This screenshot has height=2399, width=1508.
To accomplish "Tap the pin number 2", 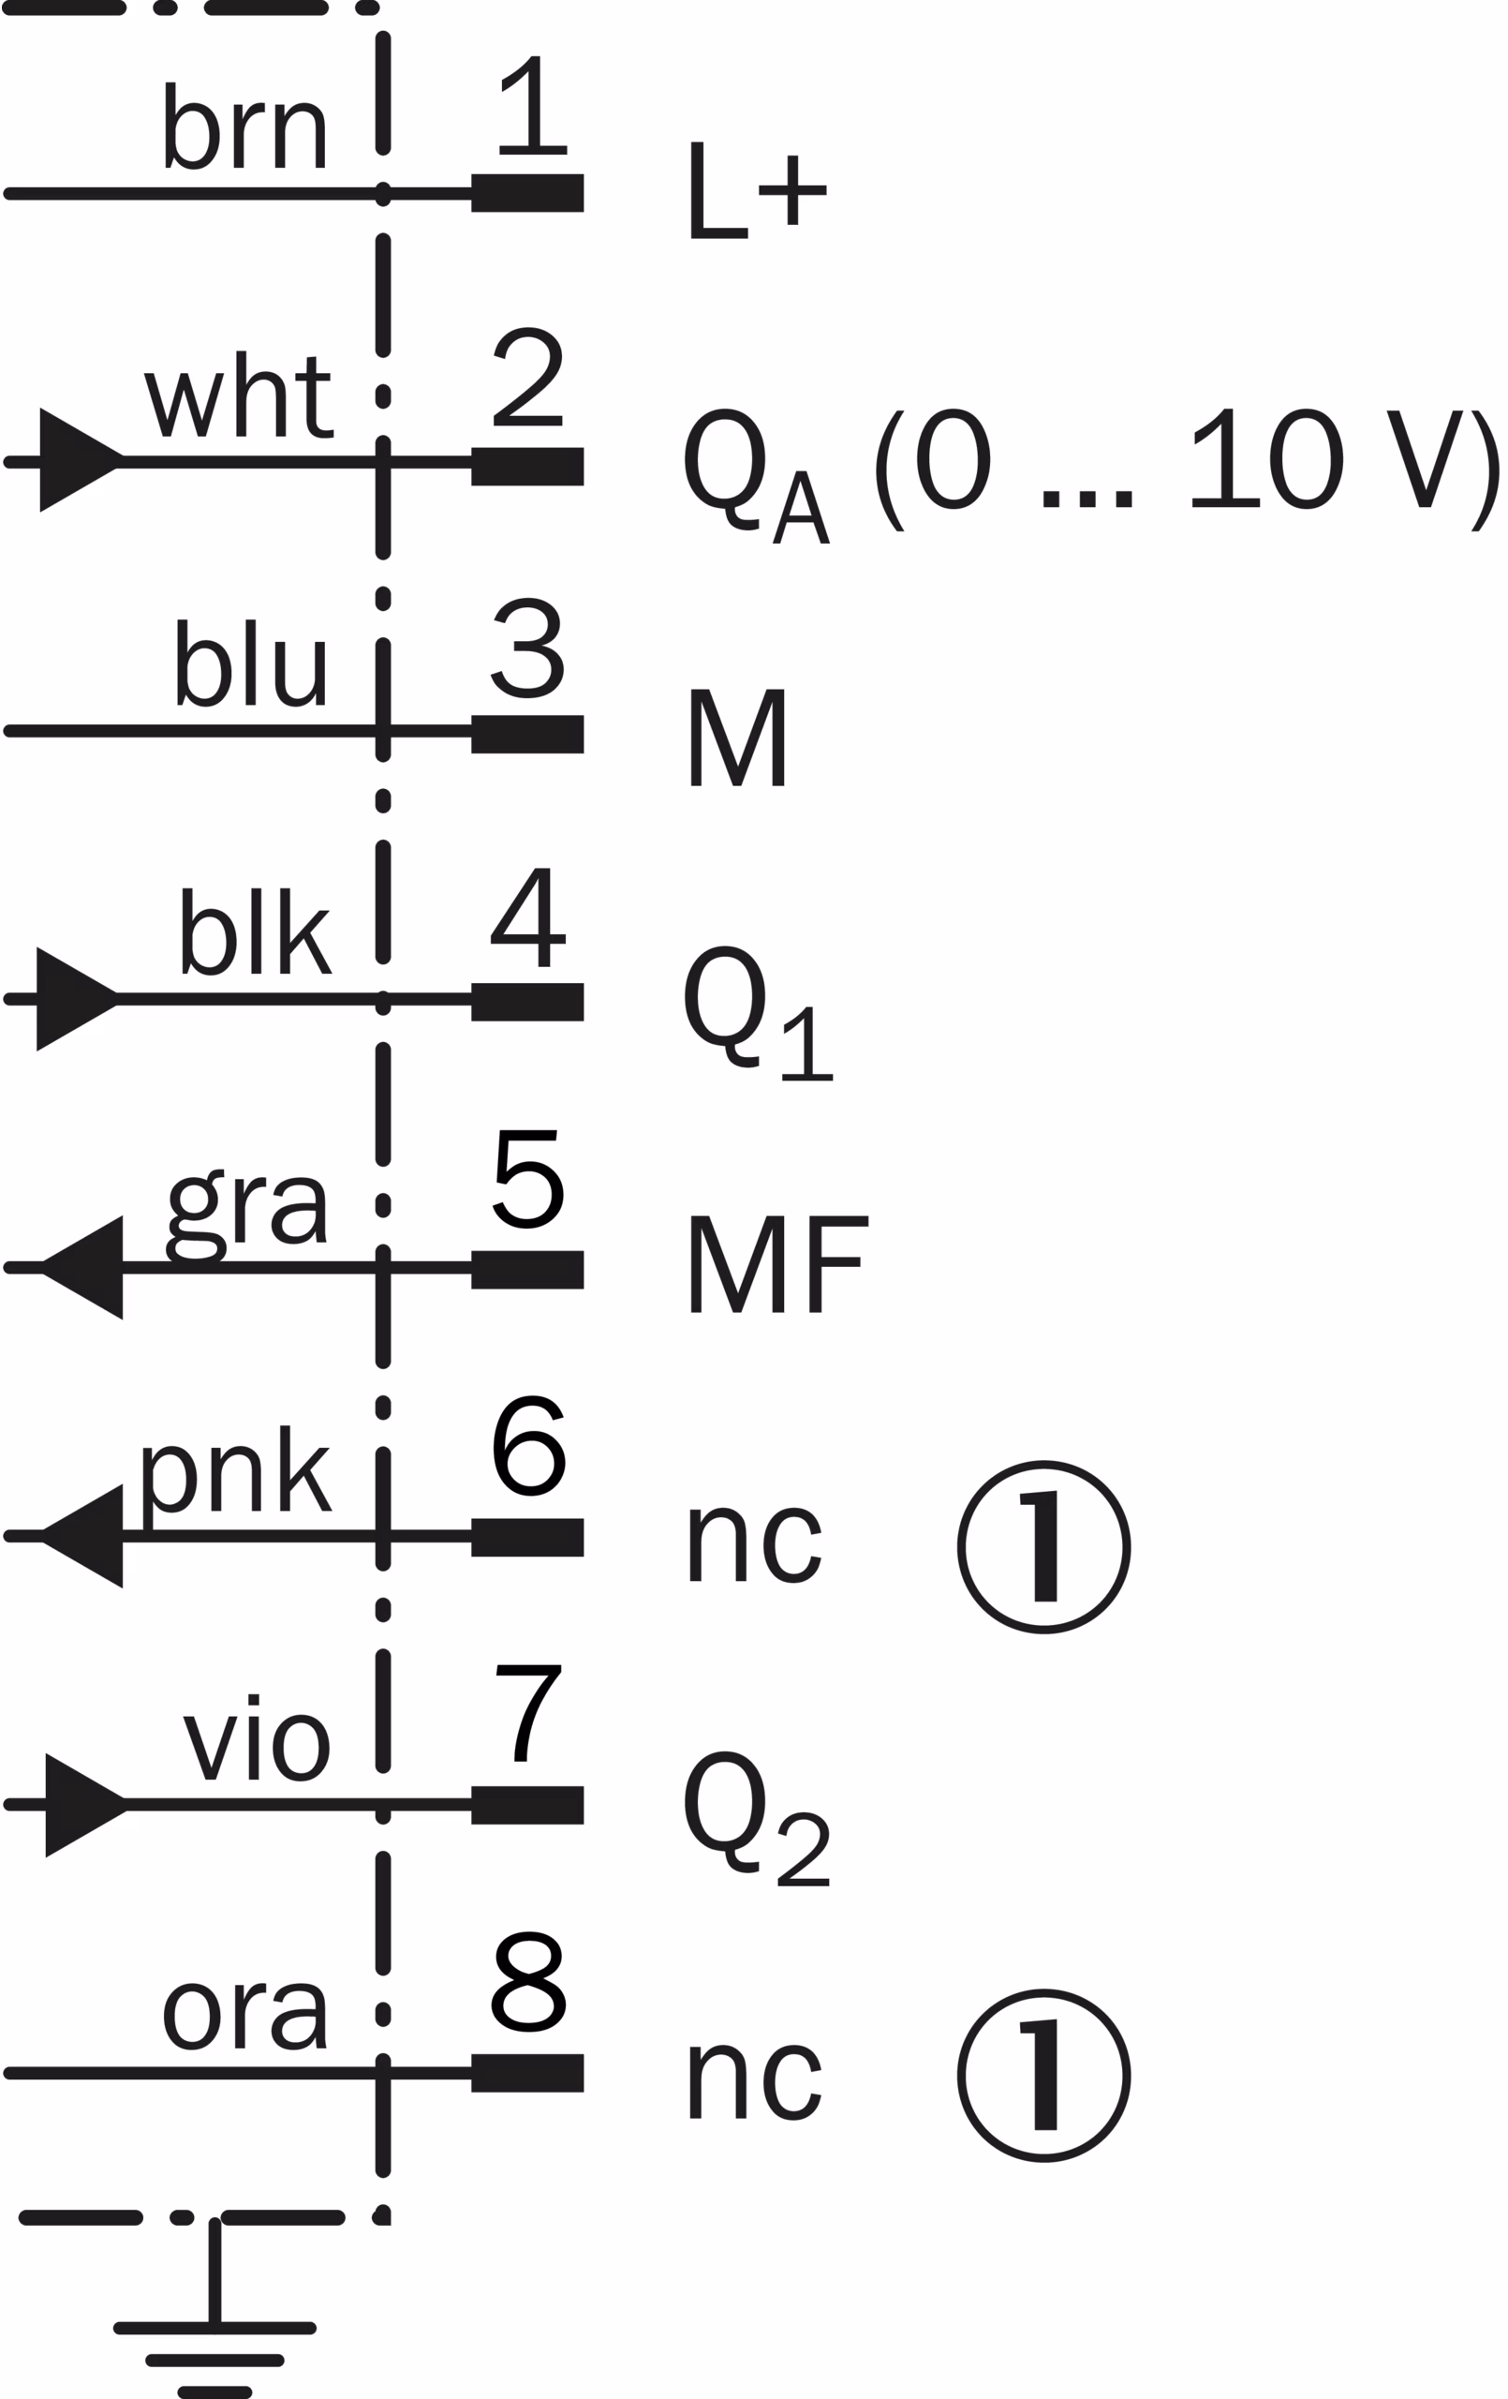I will point(527,378).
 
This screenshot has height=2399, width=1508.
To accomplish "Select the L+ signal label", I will point(756,190).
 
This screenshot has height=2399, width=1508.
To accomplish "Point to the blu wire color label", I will point(251,663).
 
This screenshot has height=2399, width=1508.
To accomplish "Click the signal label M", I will point(737,738).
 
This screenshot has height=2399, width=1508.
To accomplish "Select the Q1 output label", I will point(756,1011).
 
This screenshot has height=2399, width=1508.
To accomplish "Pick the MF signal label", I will point(778,1264).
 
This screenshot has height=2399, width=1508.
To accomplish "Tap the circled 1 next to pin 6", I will point(1042,1547).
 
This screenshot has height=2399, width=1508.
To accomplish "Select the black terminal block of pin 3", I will point(527,735).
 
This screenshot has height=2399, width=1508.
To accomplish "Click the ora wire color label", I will point(244,2014).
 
